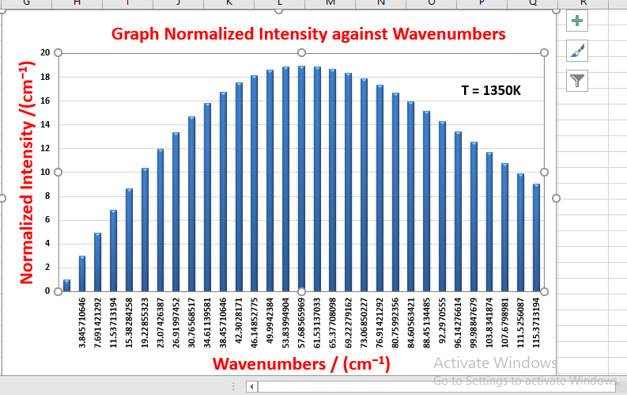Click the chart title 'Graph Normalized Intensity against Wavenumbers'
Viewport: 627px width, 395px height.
[x=308, y=34]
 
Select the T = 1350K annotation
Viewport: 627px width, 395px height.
[x=491, y=90]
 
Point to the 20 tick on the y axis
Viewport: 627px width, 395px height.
[x=45, y=53]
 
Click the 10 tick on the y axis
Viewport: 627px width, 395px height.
[x=45, y=172]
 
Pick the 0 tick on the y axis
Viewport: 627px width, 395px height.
[x=47, y=291]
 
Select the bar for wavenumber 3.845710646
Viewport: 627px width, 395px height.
[x=82, y=273]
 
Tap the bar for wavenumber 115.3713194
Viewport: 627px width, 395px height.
[x=536, y=237]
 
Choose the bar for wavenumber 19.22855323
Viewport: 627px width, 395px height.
[x=145, y=230]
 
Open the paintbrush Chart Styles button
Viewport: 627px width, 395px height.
[x=578, y=51]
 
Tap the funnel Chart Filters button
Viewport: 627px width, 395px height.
[x=578, y=80]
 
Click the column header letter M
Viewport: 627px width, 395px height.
[x=330, y=3]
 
